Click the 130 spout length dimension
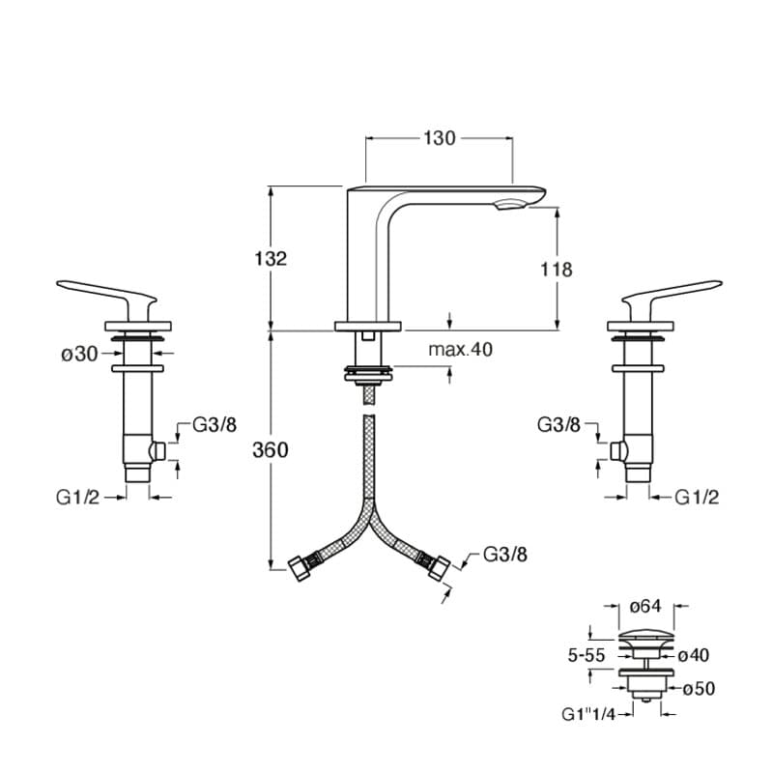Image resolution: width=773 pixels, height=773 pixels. click(x=440, y=138)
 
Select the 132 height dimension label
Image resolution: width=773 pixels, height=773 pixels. click(x=271, y=258)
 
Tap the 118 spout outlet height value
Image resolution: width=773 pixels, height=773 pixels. click(x=557, y=270)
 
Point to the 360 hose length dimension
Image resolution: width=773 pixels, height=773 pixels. click(x=271, y=450)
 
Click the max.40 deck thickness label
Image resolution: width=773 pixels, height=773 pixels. click(x=461, y=350)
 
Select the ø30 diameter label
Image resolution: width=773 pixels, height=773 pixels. click(x=80, y=354)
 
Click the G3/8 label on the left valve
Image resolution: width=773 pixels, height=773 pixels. click(x=215, y=424)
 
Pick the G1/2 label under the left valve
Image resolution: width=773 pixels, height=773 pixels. click(x=78, y=498)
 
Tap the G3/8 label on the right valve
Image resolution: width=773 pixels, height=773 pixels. click(x=559, y=424)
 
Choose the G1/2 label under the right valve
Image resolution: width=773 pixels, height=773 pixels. click(x=697, y=498)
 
